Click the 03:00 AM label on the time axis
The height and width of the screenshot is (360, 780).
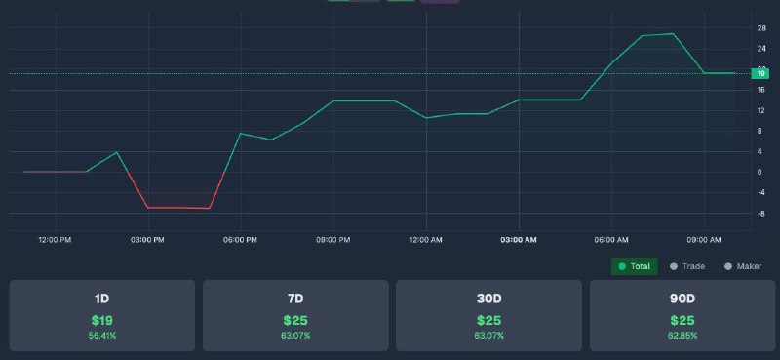pos(519,240)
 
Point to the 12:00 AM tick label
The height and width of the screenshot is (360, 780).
pos(425,240)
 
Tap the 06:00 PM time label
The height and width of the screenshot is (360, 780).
pos(240,240)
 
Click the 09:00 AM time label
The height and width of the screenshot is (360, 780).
pos(703,240)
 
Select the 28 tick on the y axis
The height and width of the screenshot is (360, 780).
pos(761,28)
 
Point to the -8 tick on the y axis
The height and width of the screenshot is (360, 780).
pos(761,214)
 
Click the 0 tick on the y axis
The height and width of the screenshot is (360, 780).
pos(760,173)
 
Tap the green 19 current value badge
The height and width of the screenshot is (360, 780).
pos(760,74)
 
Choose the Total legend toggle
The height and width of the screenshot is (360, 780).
pos(635,266)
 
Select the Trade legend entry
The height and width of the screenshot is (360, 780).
pos(687,266)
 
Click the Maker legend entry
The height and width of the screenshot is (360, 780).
pos(743,266)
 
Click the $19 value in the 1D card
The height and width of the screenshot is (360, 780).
pos(102,320)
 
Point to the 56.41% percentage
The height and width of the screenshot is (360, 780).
pos(102,336)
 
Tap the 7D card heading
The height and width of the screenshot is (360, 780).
pos(295,299)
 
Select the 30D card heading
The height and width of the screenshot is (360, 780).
pos(489,299)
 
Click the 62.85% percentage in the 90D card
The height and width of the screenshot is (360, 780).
pos(682,336)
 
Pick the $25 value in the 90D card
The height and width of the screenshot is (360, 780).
pos(682,320)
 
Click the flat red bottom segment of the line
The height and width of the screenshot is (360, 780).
pos(178,208)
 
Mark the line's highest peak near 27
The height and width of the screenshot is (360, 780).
pos(673,34)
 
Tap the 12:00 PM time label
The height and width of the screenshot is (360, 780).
pos(55,240)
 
